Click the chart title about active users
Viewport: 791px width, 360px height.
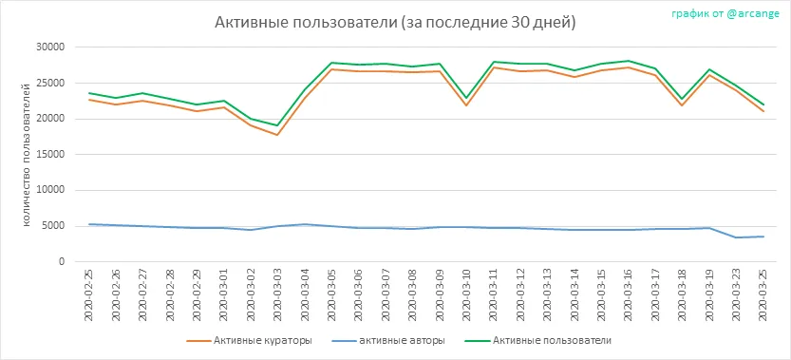click(x=395, y=23)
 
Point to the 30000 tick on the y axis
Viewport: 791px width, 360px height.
click(x=51, y=47)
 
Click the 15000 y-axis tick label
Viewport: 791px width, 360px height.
click(x=51, y=155)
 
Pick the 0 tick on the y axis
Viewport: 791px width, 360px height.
click(x=62, y=262)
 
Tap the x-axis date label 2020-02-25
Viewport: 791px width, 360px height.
click(x=89, y=294)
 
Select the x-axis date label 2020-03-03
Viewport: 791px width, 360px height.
click(x=277, y=294)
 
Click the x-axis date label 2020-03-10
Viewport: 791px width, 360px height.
click(x=465, y=294)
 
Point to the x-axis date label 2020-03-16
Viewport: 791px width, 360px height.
click(x=628, y=294)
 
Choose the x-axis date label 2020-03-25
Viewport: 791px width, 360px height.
click(x=763, y=294)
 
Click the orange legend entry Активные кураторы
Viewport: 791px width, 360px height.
click(x=249, y=341)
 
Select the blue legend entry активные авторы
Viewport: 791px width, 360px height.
click(x=388, y=341)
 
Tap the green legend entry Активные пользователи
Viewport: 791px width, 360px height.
click(x=537, y=341)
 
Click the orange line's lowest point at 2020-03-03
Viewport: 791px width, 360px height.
click(x=277, y=135)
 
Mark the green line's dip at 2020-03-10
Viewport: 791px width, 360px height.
click(x=465, y=98)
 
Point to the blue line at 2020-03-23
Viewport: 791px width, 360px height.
click(x=736, y=237)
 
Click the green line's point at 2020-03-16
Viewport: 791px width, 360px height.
click(x=628, y=61)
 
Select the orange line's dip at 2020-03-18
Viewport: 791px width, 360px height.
click(x=682, y=105)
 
